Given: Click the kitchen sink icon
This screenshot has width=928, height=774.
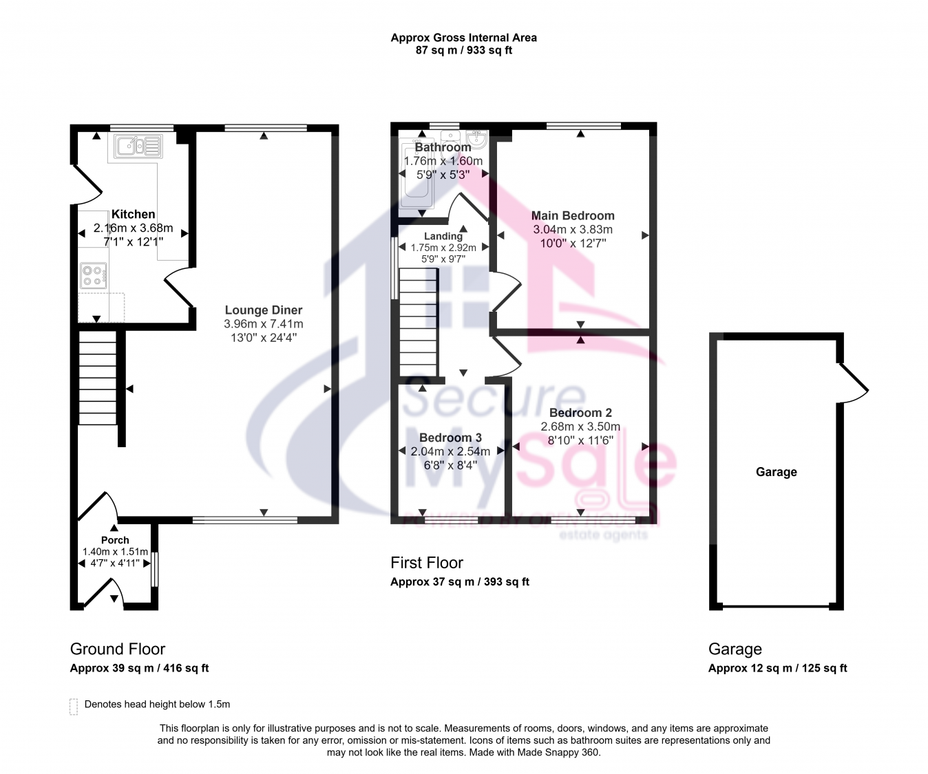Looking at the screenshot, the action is pos(138,146).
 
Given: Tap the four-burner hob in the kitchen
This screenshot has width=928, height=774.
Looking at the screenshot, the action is pos(94,275).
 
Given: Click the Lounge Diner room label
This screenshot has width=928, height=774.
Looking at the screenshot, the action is pos(264,310).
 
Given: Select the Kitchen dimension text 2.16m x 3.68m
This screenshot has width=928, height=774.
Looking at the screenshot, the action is pos(133,228).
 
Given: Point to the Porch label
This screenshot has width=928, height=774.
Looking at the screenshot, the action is pos(115,540).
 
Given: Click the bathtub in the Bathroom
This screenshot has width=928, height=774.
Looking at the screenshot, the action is pos(416,173).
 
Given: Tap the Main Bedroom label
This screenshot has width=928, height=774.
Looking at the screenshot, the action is pos(573,215).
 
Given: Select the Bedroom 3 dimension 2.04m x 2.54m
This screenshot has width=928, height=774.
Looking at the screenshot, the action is pos(450,451).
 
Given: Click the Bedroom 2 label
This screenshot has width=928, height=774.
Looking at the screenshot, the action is pos(580,413).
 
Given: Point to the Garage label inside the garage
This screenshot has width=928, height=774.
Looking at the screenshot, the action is pos(777,472).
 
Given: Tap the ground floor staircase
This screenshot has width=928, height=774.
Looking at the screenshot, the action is pos(98,378).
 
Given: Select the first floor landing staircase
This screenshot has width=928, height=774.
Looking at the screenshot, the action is pos(419,322).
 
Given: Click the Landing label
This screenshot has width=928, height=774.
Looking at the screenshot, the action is pos(443,237).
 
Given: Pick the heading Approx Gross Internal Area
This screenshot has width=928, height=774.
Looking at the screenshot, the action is pos(463,38).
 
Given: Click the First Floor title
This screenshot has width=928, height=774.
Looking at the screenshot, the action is pos(427,563).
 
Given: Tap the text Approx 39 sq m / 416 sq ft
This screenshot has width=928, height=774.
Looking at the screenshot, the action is pos(139,668).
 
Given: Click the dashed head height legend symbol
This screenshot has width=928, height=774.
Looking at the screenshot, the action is pos(74,707).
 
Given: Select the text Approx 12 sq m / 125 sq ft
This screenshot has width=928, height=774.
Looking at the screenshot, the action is pos(777,668).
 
